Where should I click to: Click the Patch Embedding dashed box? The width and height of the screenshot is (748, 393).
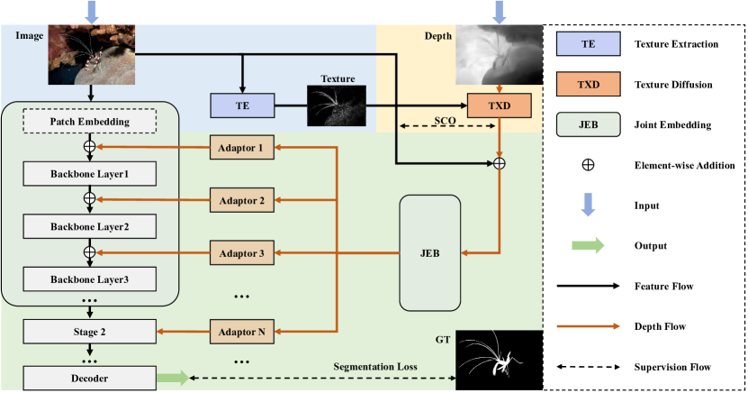90,122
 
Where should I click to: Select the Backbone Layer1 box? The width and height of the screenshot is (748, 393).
89,171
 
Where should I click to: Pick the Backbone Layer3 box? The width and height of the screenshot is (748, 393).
89,280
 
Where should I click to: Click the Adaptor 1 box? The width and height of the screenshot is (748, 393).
241,146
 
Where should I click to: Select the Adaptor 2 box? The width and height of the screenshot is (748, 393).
241,200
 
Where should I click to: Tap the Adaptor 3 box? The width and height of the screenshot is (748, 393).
241,254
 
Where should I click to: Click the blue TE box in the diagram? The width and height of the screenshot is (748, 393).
241,105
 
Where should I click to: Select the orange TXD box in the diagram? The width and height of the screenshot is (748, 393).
499,105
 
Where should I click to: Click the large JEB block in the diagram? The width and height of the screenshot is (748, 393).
430,254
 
